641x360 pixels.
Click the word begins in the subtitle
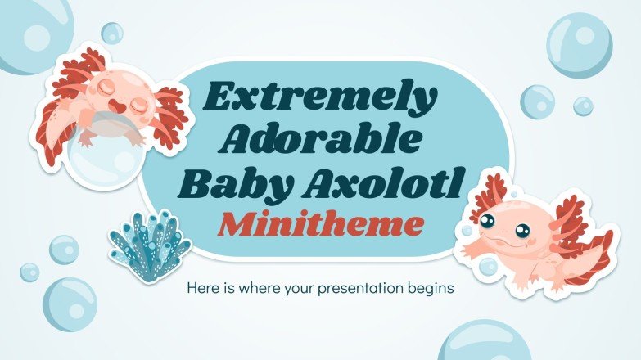click(x=431, y=288)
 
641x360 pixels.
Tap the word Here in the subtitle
click(x=204, y=288)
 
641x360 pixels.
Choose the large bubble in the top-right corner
click(x=579, y=44)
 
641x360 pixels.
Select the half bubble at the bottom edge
click(x=485, y=344)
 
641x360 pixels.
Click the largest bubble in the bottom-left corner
click(x=70, y=304)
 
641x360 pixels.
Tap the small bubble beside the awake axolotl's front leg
click(x=488, y=266)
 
